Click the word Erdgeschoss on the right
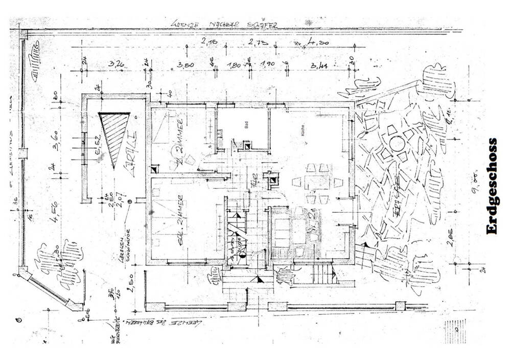tap(492, 186)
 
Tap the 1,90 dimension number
tap(267, 64)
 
